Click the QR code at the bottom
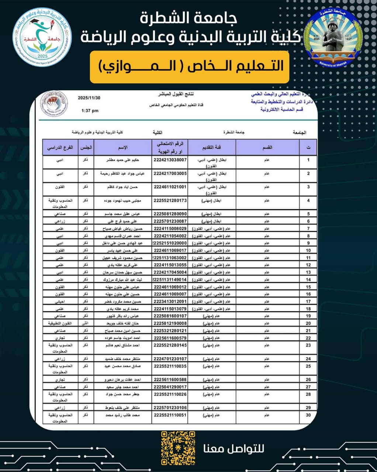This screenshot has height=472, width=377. tap(178, 448)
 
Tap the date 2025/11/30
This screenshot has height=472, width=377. tap(89, 98)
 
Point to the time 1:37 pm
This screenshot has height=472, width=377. tap(90, 111)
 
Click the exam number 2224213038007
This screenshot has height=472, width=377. tap(170, 160)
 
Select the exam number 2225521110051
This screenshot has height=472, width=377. tap(170, 415)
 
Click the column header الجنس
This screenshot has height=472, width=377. tap(86, 147)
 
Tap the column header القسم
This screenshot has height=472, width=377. tap(267, 147)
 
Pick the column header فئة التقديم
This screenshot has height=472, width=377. tap(211, 147)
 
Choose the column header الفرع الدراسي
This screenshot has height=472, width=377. tap(60, 147)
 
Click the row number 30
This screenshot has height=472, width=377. tap(308, 415)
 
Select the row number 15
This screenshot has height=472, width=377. tap(308, 287)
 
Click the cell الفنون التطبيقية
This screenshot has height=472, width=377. tap(60, 323)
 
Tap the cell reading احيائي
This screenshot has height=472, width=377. tap(60, 302)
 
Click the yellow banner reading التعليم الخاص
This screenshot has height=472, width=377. tap(189, 67)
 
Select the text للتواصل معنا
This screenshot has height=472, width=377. tap(234, 449)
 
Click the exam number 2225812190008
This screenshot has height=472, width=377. tap(170, 323)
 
